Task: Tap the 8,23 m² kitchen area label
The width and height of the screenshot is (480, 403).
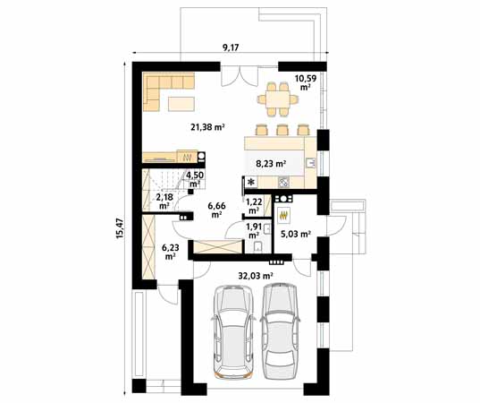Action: (270, 164)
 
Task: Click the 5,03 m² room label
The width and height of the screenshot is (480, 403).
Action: (295, 235)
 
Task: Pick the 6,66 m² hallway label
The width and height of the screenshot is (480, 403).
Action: (216, 210)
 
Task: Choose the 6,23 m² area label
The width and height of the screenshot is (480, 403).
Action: (170, 251)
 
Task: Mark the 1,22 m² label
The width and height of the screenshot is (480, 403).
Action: (255, 205)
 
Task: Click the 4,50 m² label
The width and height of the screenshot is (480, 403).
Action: (194, 178)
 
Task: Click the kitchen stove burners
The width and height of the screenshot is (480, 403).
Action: (286, 183)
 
